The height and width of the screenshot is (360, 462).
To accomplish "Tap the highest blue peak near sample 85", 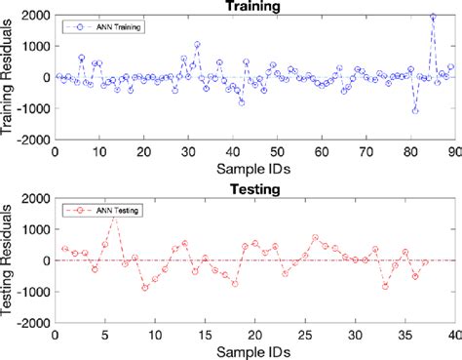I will click(x=433, y=17).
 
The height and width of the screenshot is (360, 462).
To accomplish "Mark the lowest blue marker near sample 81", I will click(x=415, y=110).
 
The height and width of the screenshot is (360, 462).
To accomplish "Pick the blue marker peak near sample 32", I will click(x=197, y=45).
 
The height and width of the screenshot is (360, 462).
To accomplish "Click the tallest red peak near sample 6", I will click(x=115, y=216).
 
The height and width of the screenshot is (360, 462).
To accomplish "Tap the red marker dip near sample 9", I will click(x=145, y=288).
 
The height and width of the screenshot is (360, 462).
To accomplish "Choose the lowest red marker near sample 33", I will click(x=385, y=286).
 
